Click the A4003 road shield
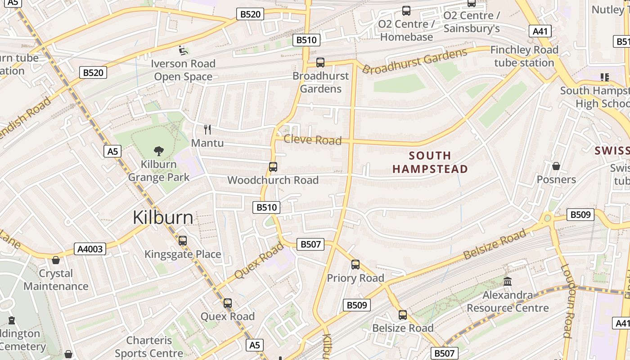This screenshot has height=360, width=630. pyautogui.click(x=90, y=249)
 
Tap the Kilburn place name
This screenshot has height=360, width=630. pyautogui.click(x=163, y=218)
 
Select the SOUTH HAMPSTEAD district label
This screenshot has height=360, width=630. pyautogui.click(x=430, y=162)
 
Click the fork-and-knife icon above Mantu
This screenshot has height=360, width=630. pyautogui.click(x=207, y=130)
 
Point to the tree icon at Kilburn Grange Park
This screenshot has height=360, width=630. pyautogui.click(x=158, y=151)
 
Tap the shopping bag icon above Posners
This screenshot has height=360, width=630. pyautogui.click(x=556, y=166)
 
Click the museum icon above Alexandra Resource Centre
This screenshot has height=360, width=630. pyautogui.click(x=508, y=282)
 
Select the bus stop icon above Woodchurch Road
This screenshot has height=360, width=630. pyautogui.click(x=273, y=167)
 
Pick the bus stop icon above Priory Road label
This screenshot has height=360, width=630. pyautogui.click(x=355, y=265)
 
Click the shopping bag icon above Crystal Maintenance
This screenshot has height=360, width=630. pyautogui.click(x=56, y=260)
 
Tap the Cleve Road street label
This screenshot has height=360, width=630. pyautogui.click(x=312, y=140)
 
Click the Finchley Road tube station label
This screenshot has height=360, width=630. pyautogui.click(x=524, y=56)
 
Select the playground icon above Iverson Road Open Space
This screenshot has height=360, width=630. pyautogui.click(x=183, y=50)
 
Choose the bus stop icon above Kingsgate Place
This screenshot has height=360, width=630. pyautogui.click(x=182, y=241)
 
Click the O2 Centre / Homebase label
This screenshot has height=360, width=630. pyautogui.click(x=406, y=31)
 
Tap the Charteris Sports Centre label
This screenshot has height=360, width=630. pyautogui.click(x=149, y=346)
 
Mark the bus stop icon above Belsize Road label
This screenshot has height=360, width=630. pyautogui.click(x=403, y=315)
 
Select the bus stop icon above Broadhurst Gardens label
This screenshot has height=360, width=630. pyautogui.click(x=320, y=63)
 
